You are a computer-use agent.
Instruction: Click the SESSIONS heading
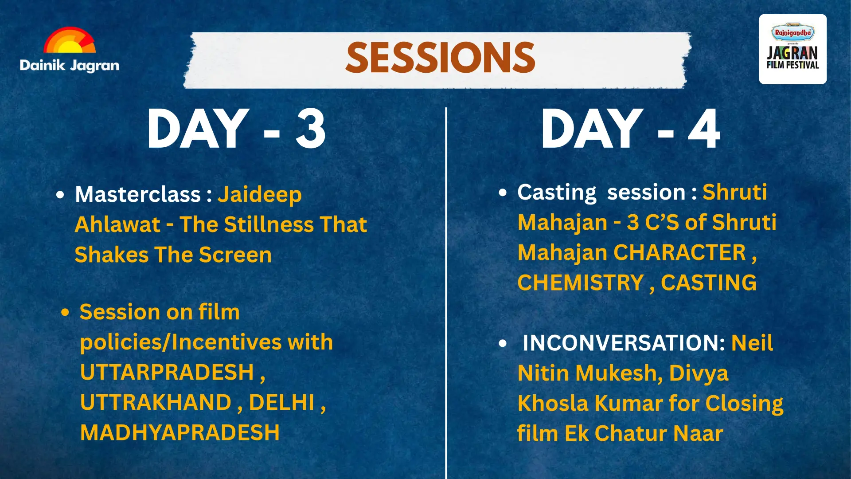tap(440, 58)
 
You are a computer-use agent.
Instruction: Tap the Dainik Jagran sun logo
tap(70, 41)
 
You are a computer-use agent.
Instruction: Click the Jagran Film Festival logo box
tap(792, 49)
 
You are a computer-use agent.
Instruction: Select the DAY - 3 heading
tap(236, 129)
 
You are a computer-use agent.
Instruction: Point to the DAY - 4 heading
tap(630, 129)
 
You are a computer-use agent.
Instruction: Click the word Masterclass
tap(138, 194)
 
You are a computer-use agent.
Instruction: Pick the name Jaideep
tap(260, 195)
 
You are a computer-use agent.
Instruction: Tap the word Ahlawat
tap(117, 224)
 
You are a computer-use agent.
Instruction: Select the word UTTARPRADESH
tap(167, 372)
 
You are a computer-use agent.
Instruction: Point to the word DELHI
tap(282, 403)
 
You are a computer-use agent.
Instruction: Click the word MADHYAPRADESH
tap(180, 433)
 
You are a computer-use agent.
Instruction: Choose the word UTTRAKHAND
tap(156, 403)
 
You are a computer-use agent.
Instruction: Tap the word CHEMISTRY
tap(581, 283)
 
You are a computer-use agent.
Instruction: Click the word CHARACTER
tap(680, 253)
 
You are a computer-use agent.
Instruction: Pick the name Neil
tap(752, 343)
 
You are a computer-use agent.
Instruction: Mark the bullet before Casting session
tap(502, 193)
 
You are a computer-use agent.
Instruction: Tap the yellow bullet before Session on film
tap(66, 313)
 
